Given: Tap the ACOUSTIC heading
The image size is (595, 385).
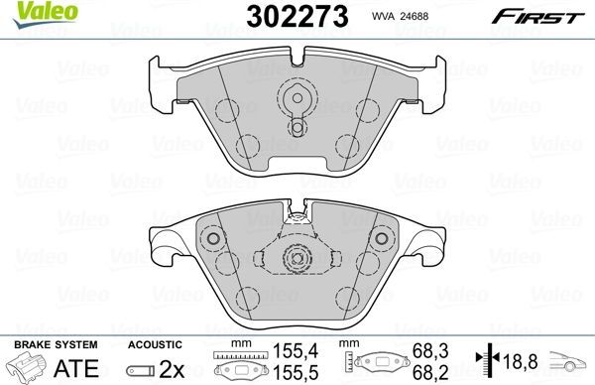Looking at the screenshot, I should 155,343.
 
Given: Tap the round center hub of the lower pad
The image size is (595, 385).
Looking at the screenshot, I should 296,259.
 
